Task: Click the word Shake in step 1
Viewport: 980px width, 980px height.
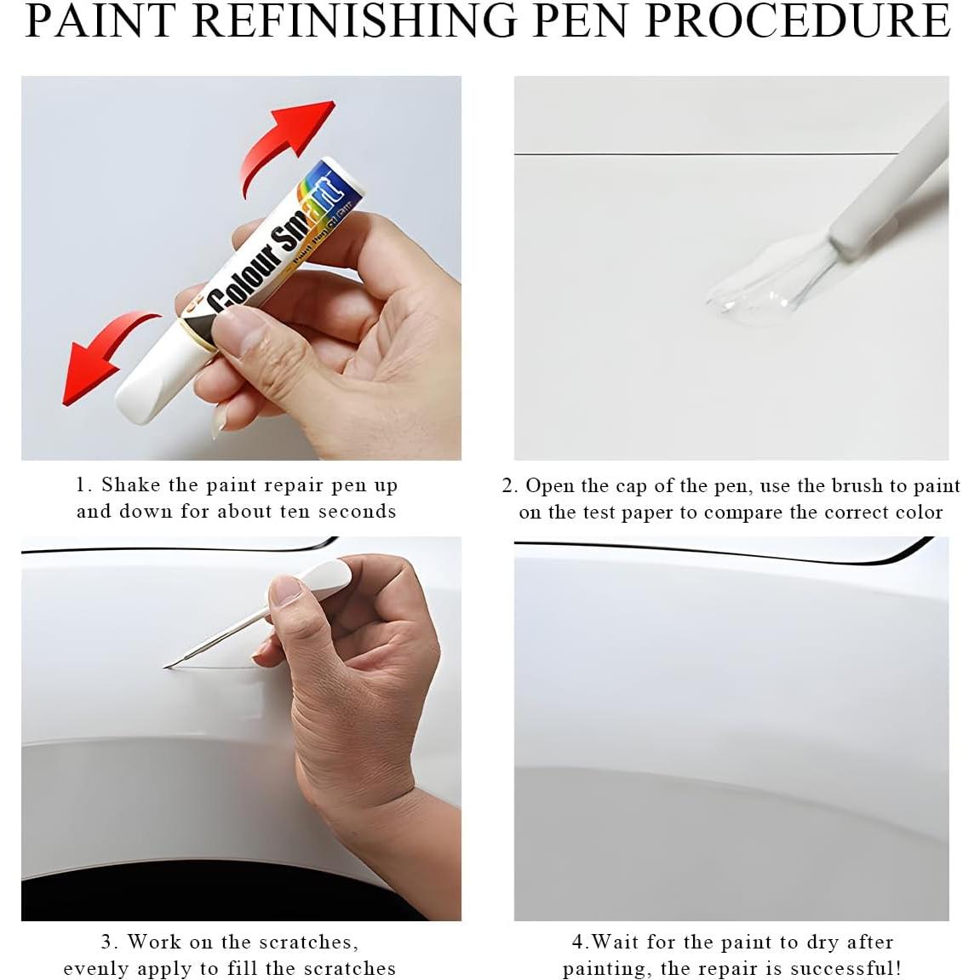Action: pos(130,485)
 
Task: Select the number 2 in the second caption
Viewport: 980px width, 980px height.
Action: pos(507,486)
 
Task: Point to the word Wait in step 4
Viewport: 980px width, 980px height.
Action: pos(616,943)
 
